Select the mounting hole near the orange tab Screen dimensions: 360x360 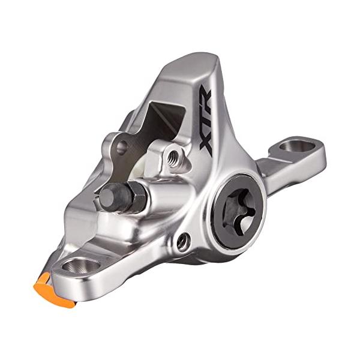[79, 265]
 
